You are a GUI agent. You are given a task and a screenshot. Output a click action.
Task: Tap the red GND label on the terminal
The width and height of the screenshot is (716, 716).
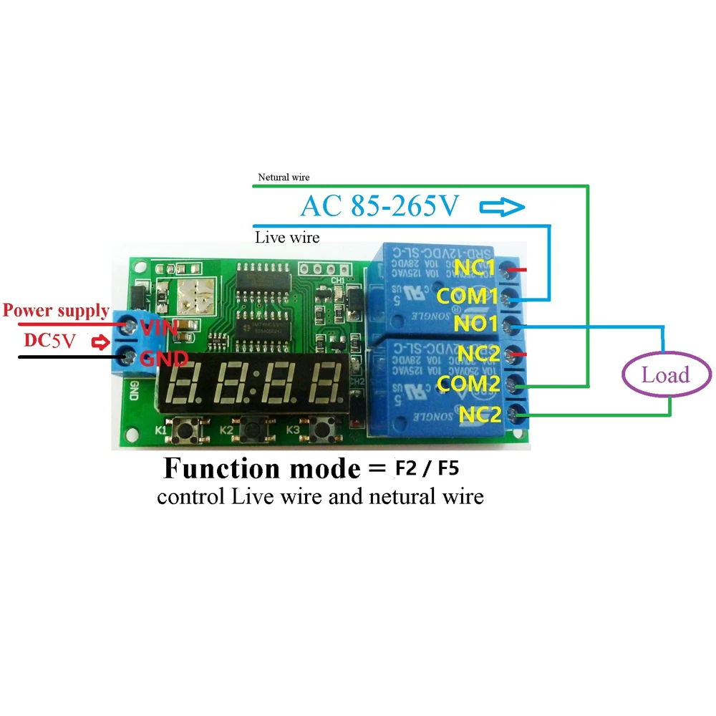pyautogui.click(x=163, y=358)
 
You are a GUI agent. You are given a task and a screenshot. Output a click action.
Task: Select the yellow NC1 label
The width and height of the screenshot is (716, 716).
pyautogui.click(x=474, y=268)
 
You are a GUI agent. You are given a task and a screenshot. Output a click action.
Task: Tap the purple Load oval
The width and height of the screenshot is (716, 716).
pyautogui.click(x=665, y=374)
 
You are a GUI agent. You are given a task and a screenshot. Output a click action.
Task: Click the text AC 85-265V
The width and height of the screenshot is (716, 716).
pyautogui.click(x=379, y=206)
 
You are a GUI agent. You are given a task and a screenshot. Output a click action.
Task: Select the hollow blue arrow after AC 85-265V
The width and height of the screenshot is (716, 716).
pyautogui.click(x=501, y=208)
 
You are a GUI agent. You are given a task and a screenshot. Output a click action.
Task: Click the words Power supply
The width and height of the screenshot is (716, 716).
pyautogui.click(x=56, y=311)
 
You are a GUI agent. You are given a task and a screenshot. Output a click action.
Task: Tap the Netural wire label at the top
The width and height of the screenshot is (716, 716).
pyautogui.click(x=284, y=178)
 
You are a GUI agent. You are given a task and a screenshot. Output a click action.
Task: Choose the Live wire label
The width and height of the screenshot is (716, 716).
pyautogui.click(x=287, y=237)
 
